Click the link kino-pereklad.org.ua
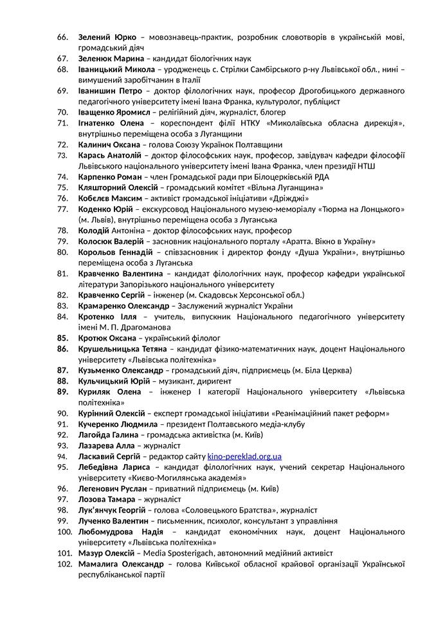click(x=244, y=456)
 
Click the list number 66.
click(x=62, y=37)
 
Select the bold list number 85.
click(x=62, y=337)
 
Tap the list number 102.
click(x=64, y=564)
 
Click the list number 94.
click(x=62, y=456)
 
